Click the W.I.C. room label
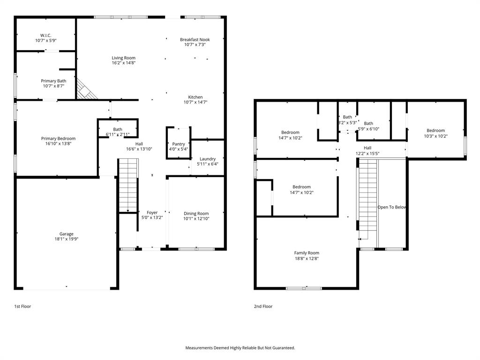[45, 35]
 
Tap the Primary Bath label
[53, 81]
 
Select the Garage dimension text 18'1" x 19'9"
[66, 239]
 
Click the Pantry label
[179, 144]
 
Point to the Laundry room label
[208, 159]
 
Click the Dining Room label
[196, 213]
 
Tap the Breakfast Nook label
[195, 40]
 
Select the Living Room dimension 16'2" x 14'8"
[123, 63]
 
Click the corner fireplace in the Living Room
[87, 90]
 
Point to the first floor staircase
[127, 185]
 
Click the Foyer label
[152, 212]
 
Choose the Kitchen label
[195, 97]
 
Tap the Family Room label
[307, 253]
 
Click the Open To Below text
[392, 207]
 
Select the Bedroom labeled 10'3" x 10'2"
[435, 133]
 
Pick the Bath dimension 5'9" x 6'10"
[368, 129]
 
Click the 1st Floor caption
[22, 306]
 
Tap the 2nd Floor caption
[263, 306]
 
